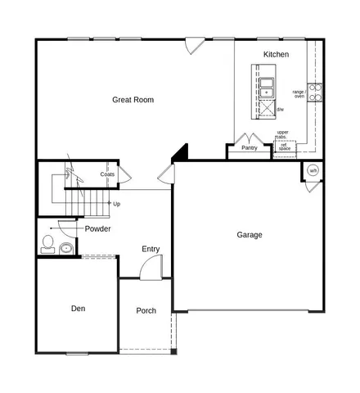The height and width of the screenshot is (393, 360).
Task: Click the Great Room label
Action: coord(133,100)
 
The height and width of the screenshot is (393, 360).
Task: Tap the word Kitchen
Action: coord(276,54)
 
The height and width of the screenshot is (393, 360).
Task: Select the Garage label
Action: coord(250,235)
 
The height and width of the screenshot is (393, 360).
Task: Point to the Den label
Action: coord(78,309)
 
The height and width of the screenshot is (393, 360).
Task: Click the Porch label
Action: coord(146,310)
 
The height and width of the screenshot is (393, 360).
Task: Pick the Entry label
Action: coord(151,249)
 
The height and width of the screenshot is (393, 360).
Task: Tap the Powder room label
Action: coord(97,228)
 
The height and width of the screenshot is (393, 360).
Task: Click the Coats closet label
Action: coord(107,174)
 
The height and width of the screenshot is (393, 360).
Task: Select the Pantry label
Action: coord(250,148)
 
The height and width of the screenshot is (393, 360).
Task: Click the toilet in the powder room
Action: coord(47,243)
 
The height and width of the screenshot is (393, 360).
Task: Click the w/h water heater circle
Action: coord(313,170)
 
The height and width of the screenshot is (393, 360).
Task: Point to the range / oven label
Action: coord(299,94)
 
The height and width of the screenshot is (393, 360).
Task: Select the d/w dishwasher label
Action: coord(280,109)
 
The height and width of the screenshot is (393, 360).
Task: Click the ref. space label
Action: coord(285,147)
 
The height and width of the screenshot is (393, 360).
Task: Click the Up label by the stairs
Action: coord(117,204)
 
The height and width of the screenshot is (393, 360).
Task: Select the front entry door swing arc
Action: coord(150,266)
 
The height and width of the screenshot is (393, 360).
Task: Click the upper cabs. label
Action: coord(282,133)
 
